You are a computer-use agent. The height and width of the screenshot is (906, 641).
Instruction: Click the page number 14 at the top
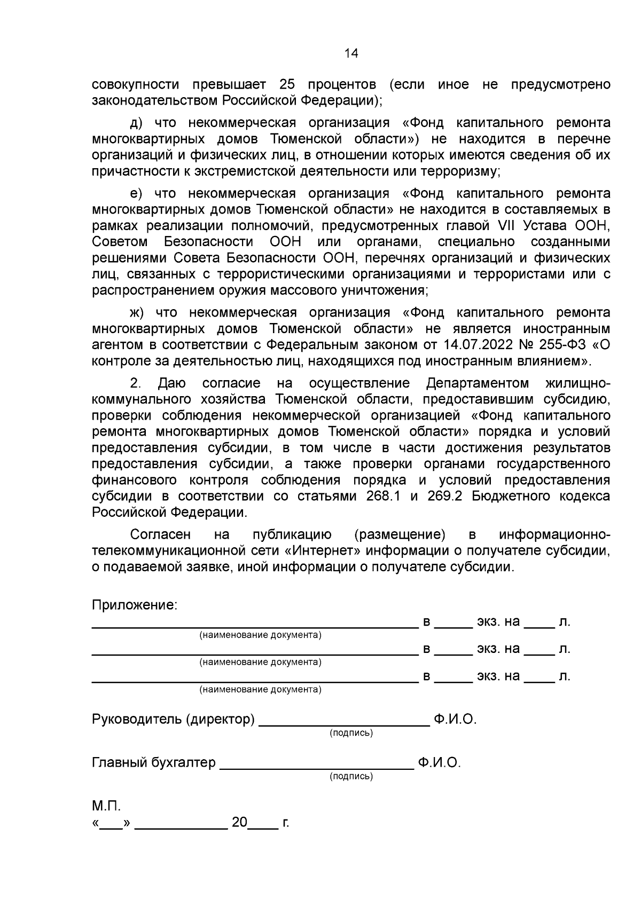coord(351,53)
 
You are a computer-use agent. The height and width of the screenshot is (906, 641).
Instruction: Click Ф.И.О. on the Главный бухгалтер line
coord(439,762)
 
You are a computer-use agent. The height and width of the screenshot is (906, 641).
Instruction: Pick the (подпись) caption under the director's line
coord(351,733)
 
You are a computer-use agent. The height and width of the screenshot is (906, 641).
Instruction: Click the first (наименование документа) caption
coord(260,635)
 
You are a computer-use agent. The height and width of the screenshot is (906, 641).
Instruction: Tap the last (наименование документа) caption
coord(260,689)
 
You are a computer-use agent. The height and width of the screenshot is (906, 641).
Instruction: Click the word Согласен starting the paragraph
coord(160,534)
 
